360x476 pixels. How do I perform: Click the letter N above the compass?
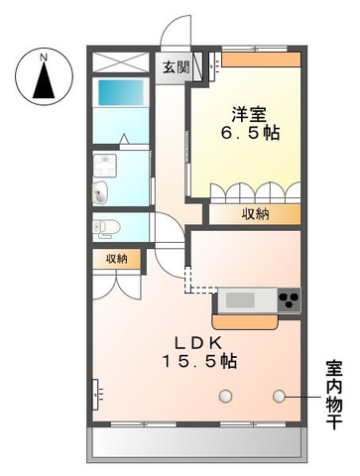click(x=43, y=58)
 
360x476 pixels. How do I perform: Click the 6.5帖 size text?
click(x=249, y=134)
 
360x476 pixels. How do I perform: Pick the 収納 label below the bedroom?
click(x=253, y=212)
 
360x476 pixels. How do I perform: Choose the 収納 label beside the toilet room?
click(x=117, y=259)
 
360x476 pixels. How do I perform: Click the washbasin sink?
click(x=103, y=191)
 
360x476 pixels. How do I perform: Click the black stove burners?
click(x=288, y=298)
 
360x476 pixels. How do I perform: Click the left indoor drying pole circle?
click(x=226, y=396)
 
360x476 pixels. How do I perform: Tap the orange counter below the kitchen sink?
click(x=246, y=320)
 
